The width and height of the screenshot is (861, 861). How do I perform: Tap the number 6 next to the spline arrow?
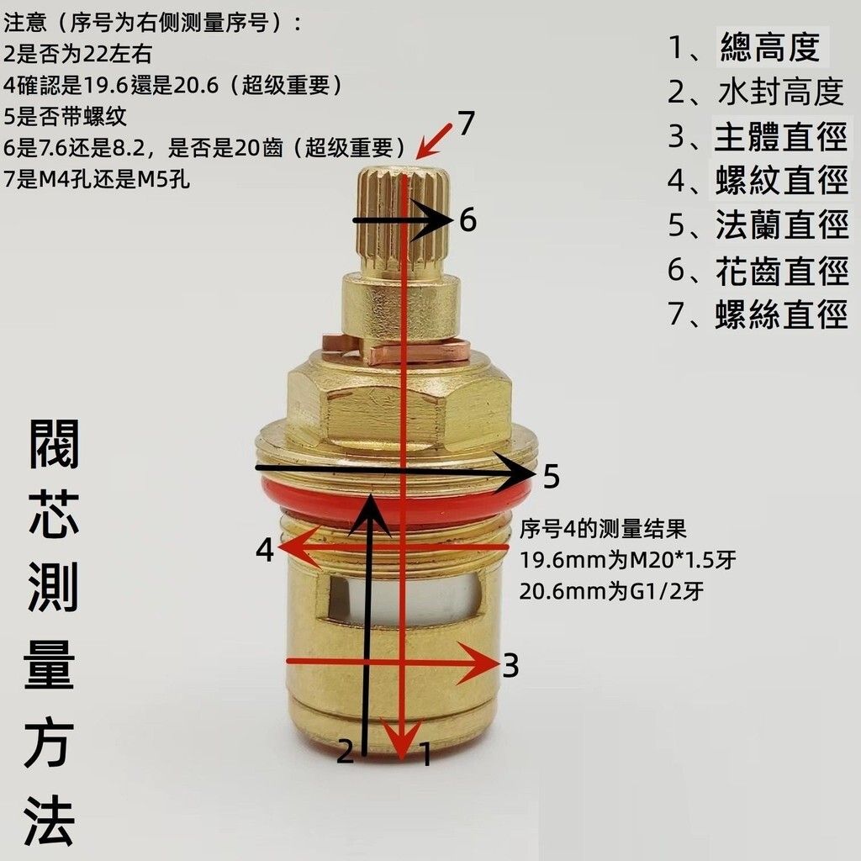(467, 220)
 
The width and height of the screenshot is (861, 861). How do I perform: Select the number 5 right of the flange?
(552, 476)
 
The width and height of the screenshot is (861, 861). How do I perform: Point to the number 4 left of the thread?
(265, 549)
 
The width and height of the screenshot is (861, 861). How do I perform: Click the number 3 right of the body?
(510, 666)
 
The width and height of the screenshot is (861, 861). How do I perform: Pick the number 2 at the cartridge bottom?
(345, 751)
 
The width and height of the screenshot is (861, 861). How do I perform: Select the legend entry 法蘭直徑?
(758, 224)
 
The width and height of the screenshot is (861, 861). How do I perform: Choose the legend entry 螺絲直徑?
(758, 314)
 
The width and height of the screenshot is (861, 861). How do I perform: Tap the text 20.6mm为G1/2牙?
(611, 591)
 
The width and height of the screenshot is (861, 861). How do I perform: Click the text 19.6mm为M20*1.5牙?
(627, 560)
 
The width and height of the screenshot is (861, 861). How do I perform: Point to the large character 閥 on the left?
(54, 444)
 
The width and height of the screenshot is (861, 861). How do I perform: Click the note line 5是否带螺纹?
(65, 116)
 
